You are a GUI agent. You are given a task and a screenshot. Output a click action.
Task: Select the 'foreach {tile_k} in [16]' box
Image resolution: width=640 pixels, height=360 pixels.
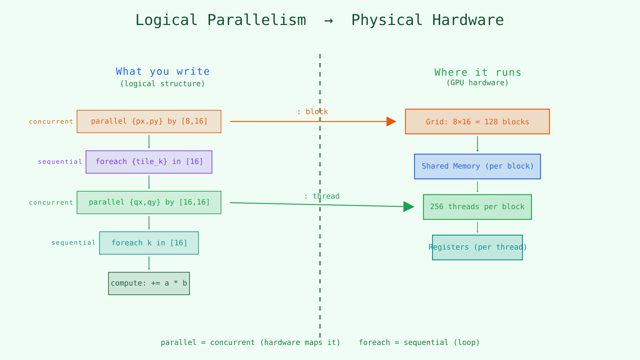click(149, 162)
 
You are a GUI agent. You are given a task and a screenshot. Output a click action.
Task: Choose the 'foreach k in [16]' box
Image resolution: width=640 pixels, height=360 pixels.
click(149, 243)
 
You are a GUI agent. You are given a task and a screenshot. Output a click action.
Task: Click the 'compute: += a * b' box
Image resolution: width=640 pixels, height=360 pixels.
click(149, 283)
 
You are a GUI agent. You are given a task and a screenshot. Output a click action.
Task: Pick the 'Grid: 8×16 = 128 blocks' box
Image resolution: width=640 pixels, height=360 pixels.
click(477, 122)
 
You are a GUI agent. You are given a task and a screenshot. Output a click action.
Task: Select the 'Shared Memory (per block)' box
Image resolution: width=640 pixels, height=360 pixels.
click(477, 166)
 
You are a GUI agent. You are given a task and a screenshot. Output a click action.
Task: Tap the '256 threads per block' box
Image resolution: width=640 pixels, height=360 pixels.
click(477, 207)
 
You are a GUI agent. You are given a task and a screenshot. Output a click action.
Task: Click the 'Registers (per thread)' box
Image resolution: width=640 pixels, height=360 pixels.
click(477, 247)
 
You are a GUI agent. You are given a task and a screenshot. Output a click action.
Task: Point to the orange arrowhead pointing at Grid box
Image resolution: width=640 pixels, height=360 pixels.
click(391, 122)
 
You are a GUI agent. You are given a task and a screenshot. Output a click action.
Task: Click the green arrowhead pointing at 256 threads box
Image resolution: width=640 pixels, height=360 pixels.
click(408, 207)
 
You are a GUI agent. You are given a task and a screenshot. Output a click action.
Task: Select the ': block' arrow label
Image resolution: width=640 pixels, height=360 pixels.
click(312, 112)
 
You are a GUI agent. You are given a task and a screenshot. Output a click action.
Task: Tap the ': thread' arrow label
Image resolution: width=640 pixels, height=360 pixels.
click(322, 197)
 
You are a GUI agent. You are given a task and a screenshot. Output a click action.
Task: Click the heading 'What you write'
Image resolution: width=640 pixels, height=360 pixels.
click(163, 72)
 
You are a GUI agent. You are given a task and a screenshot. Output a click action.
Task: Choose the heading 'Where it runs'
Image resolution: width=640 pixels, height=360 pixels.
click(478, 73)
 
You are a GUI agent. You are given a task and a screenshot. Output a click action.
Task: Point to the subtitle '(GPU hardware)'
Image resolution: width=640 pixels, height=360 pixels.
click(477, 83)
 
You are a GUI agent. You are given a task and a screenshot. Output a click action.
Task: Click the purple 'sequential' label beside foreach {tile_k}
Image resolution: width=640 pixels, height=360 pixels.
click(60, 162)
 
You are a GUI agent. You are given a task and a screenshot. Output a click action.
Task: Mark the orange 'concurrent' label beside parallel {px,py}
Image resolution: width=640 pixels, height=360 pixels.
click(51, 122)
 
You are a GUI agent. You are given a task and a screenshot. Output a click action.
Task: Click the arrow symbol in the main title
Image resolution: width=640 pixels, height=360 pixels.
click(329, 21)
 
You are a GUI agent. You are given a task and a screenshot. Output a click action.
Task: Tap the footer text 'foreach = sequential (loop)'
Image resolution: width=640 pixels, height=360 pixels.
click(419, 343)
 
